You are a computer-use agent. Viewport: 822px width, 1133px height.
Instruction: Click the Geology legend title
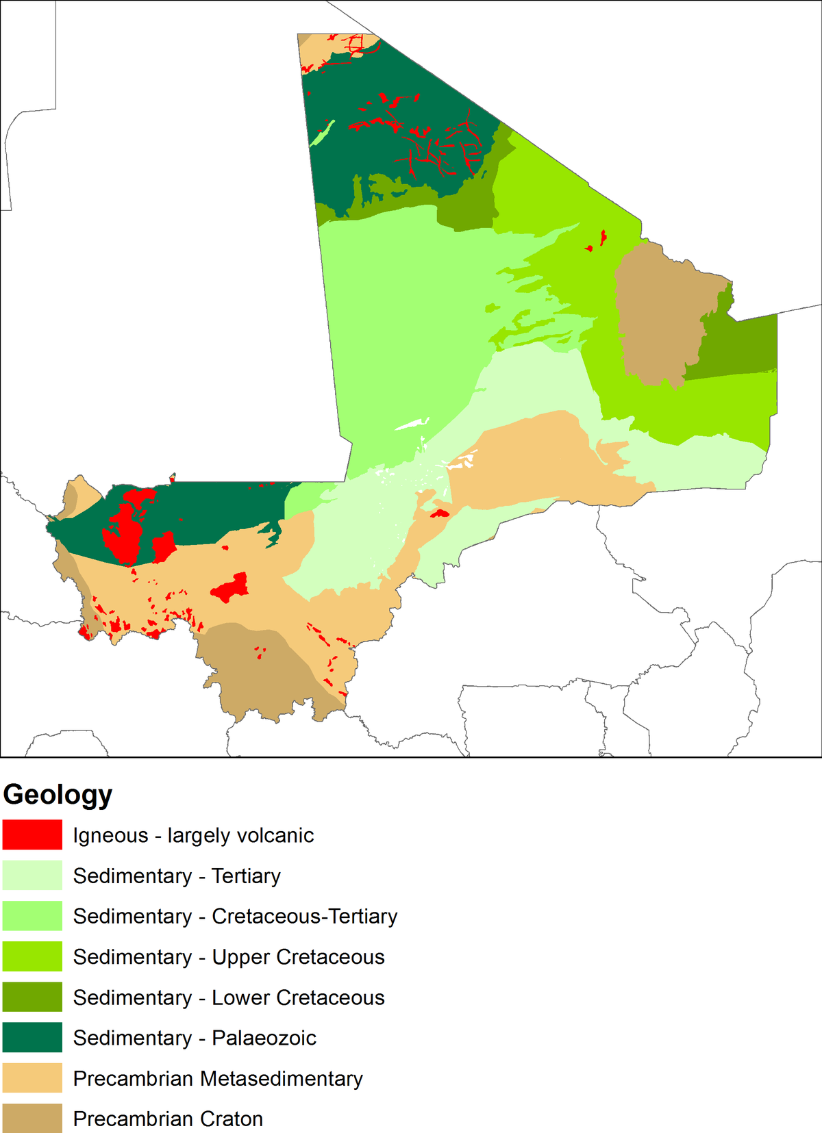click(x=58, y=795)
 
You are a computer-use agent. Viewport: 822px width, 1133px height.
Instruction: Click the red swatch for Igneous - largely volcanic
click(x=32, y=835)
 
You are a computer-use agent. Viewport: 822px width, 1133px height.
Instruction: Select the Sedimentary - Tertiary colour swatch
click(x=32, y=876)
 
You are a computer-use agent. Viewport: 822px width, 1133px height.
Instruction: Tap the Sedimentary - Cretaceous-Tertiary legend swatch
click(x=32, y=916)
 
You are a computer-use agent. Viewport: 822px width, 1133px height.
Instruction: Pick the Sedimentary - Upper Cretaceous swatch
click(x=32, y=956)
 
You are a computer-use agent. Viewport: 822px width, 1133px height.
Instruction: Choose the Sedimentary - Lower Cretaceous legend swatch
click(x=32, y=997)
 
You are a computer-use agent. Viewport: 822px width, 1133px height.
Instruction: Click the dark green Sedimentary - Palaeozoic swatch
click(x=32, y=1038)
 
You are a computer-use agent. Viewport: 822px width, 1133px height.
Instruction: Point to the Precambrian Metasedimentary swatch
click(x=32, y=1078)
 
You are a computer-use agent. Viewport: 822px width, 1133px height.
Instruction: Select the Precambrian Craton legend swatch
click(x=32, y=1118)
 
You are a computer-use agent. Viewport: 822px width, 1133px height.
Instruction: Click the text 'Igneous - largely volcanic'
click(x=193, y=835)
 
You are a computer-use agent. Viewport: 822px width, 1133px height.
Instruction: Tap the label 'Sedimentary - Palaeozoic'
click(x=195, y=1038)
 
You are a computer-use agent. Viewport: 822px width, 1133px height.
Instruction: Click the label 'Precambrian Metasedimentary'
click(x=218, y=1078)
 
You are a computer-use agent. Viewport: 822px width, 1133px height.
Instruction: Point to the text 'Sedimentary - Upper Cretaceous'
click(x=229, y=956)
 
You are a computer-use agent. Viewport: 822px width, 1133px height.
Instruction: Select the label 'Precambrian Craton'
click(x=168, y=1119)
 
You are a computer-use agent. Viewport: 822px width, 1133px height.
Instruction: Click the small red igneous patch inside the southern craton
click(x=260, y=652)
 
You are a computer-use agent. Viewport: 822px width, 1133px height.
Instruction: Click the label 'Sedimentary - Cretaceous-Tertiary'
click(x=235, y=916)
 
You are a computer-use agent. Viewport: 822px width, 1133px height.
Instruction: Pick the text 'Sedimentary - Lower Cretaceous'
click(x=229, y=997)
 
